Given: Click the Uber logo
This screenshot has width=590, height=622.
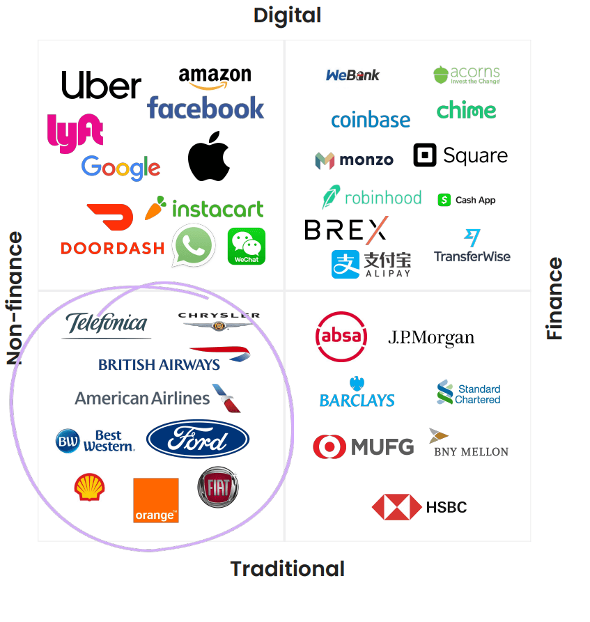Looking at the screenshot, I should (101, 85).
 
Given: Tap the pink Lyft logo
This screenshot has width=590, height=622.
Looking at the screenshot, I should (75, 132).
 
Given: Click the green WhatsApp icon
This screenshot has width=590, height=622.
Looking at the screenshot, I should (194, 245).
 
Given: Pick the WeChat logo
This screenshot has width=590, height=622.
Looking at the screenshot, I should (247, 246).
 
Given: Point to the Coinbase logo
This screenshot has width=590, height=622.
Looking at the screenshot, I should (371, 120).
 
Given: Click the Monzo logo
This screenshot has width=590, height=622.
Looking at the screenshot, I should (354, 160).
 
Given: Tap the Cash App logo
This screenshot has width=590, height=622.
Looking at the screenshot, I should (467, 200).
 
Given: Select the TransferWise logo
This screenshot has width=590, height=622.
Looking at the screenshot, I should (472, 247).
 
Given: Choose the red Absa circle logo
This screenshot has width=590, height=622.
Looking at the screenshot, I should (341, 336).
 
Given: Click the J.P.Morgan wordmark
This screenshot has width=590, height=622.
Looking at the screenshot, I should (430, 339).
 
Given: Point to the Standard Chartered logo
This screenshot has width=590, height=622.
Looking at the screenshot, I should (468, 394).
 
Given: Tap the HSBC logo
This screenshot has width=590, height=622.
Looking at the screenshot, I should (419, 507).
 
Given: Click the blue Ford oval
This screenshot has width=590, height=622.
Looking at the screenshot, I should (198, 440).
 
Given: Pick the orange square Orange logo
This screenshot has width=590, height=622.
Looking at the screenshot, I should (155, 500).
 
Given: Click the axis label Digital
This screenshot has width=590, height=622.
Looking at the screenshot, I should (287, 15).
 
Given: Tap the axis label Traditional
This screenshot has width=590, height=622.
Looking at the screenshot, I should (287, 569).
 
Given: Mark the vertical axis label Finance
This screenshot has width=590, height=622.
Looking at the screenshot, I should (554, 299).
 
